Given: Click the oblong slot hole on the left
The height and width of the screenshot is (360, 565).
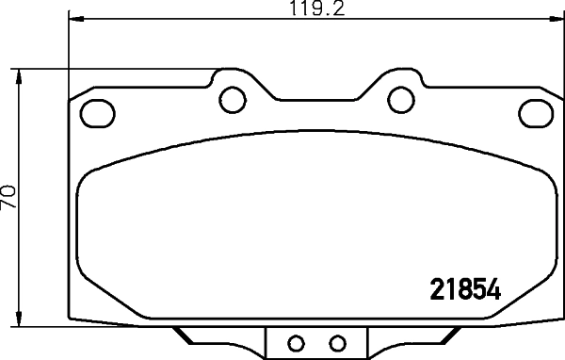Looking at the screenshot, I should [x=95, y=113].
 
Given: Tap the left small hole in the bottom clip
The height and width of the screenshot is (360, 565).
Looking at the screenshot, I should [x=294, y=343].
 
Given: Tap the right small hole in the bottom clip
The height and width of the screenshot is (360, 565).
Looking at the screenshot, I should [x=338, y=343].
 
